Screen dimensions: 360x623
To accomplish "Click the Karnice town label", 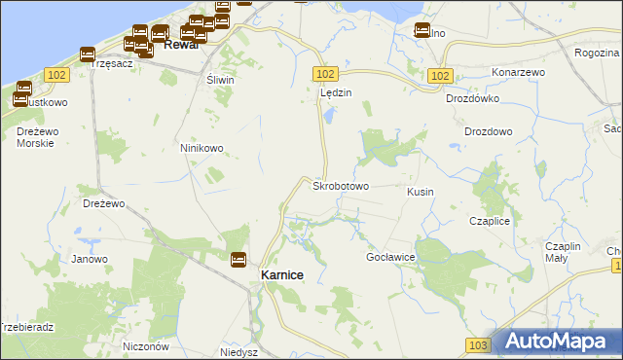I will (x=282, y=275).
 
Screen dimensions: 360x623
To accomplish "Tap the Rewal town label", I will (x=181, y=45).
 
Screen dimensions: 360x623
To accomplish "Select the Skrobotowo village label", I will (x=340, y=185).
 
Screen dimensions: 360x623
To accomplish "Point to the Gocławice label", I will (x=390, y=257).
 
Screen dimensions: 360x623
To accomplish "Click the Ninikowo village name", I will (x=202, y=148).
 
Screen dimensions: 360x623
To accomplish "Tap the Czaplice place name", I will (x=490, y=222).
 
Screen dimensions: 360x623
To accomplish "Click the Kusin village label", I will (x=421, y=193).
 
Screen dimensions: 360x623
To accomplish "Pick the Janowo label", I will (x=90, y=259).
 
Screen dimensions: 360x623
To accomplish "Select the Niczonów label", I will (x=147, y=346).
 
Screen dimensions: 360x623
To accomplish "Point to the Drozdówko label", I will (x=472, y=98).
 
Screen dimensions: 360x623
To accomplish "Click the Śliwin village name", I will (x=220, y=81).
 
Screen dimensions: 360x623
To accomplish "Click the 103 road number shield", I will (x=477, y=345).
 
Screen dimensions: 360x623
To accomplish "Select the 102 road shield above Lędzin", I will (x=326, y=74).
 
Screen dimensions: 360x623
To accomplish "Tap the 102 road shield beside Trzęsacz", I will (x=56, y=74).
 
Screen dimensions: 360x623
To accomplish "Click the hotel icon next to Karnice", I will (x=238, y=260).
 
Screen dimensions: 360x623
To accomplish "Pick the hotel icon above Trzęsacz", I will (x=88, y=54).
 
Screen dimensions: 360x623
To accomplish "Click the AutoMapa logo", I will (x=557, y=342).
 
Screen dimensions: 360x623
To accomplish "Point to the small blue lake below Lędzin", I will (x=328, y=117).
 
